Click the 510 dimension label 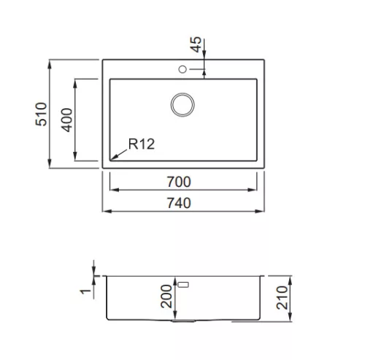[41, 114]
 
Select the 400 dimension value [66, 120]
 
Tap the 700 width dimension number [179, 182]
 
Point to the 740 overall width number [179, 203]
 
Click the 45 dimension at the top [196, 45]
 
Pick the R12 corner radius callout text [142, 144]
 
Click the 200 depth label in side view [166, 296]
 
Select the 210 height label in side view [282, 298]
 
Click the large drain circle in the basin [182, 93]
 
